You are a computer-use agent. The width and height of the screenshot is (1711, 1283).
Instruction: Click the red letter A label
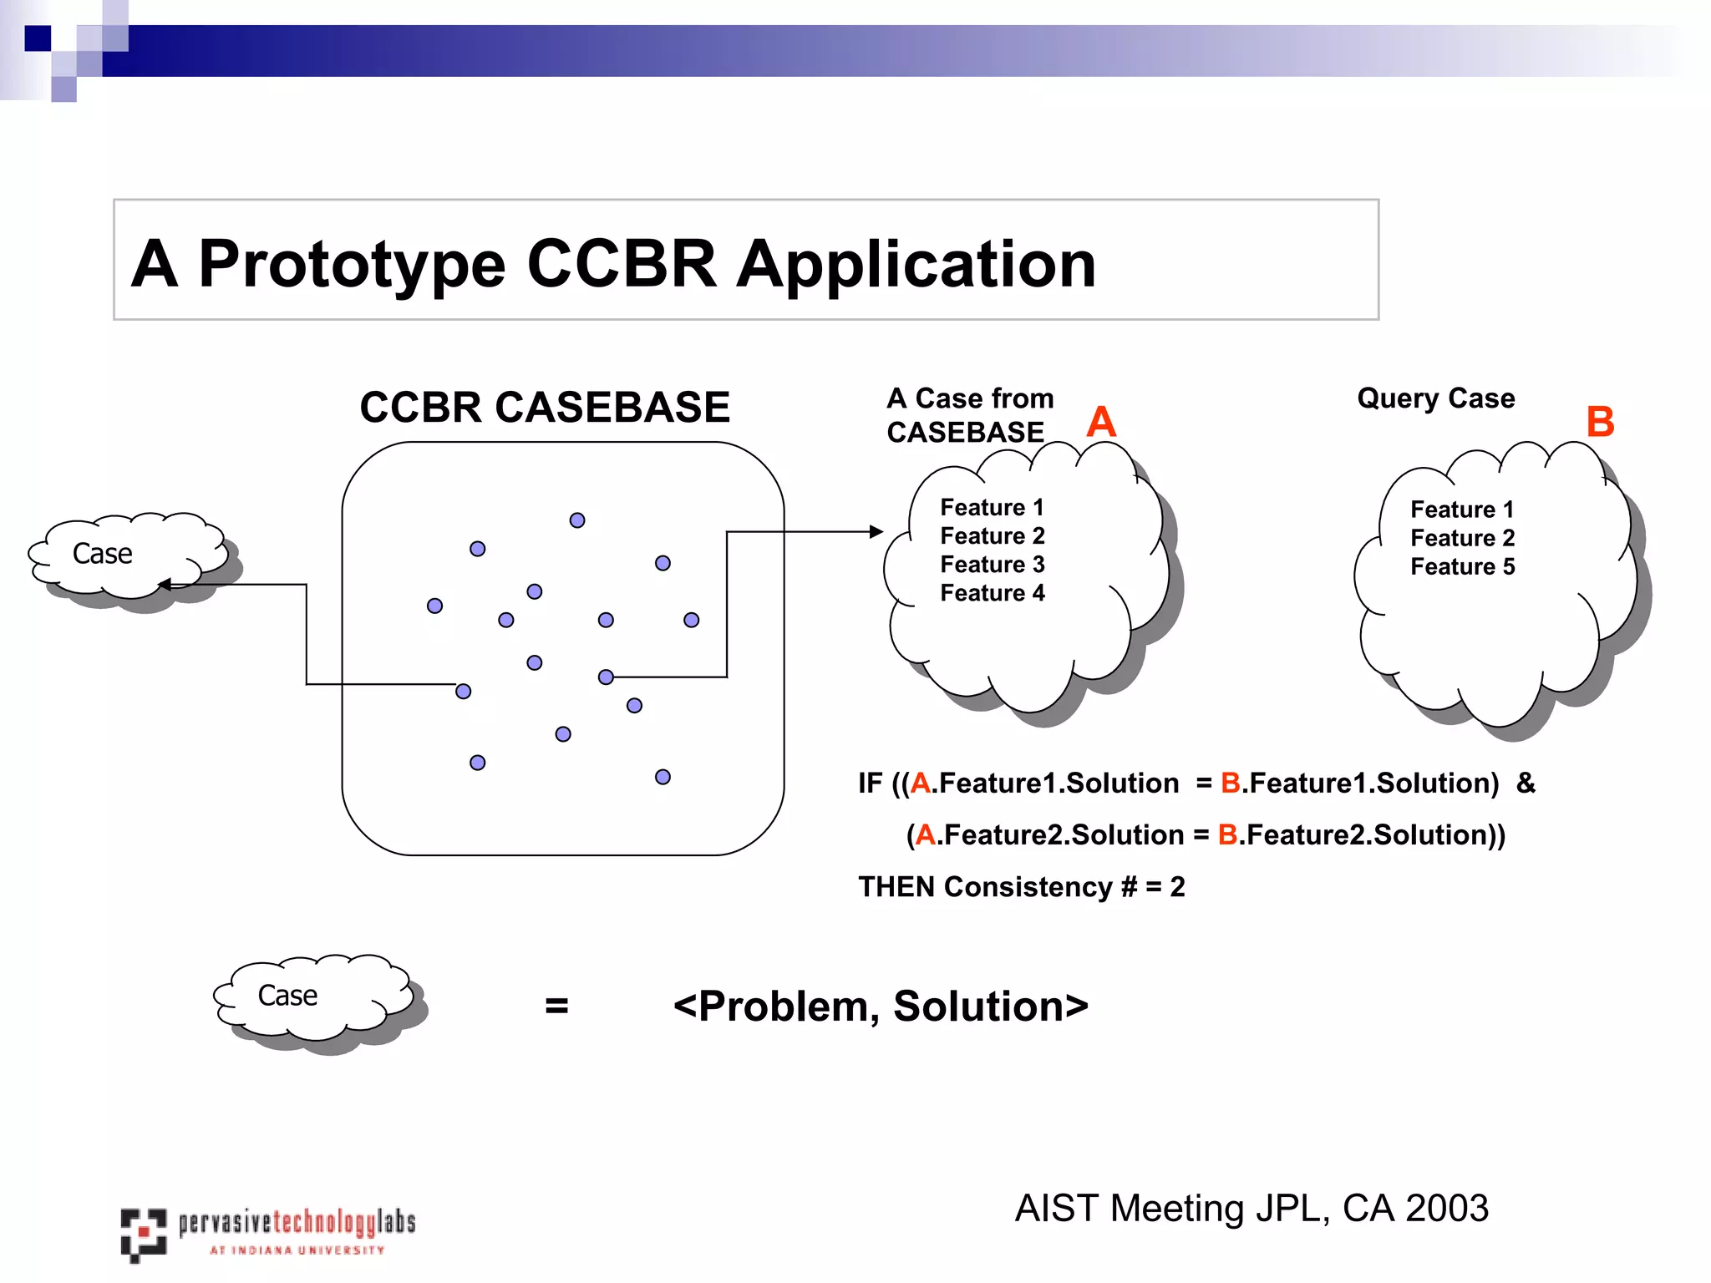coord(1101,422)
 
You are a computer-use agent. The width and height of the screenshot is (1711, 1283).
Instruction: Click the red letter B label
coord(1600,422)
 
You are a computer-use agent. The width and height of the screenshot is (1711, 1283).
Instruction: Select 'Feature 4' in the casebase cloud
coord(993,593)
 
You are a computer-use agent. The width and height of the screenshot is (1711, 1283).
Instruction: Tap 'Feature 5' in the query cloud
coord(1462,566)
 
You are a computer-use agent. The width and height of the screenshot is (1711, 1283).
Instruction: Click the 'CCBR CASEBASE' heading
coord(545,408)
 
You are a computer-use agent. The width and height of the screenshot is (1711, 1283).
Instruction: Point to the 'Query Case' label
coord(1435,398)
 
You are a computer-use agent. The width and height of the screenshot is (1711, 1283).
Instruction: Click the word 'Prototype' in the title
coord(352,264)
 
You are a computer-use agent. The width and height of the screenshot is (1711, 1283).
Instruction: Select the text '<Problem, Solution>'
coord(881,1006)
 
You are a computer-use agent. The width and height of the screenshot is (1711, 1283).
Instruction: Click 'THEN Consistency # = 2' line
coord(1021,886)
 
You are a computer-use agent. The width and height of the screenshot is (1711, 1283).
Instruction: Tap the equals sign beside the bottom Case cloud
coord(556,1006)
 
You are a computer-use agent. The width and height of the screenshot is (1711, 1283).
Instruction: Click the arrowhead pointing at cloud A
coord(876,531)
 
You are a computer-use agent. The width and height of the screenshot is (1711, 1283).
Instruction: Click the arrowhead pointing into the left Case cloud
coord(165,585)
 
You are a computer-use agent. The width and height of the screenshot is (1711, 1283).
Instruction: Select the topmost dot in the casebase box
coord(577,520)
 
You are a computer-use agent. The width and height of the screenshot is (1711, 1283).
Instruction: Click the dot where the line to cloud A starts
coord(606,677)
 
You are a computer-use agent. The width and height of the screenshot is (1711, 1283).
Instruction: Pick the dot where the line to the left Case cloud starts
coord(464,691)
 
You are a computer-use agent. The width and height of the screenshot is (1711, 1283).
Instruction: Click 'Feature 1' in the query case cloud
coord(1462,510)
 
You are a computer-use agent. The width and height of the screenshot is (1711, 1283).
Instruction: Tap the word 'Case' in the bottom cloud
coord(287,996)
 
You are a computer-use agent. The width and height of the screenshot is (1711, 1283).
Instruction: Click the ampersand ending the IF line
coord(1526,783)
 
